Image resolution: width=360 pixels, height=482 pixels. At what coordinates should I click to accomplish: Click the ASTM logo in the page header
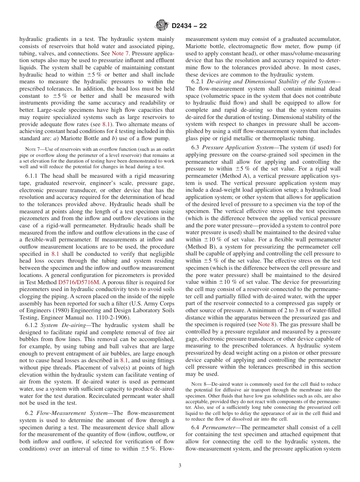162,26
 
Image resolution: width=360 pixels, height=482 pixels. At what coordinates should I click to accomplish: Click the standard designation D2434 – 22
189,26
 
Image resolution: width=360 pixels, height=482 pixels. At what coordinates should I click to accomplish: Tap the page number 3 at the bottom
180,466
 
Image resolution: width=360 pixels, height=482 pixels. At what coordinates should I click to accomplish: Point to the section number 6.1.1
32,176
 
